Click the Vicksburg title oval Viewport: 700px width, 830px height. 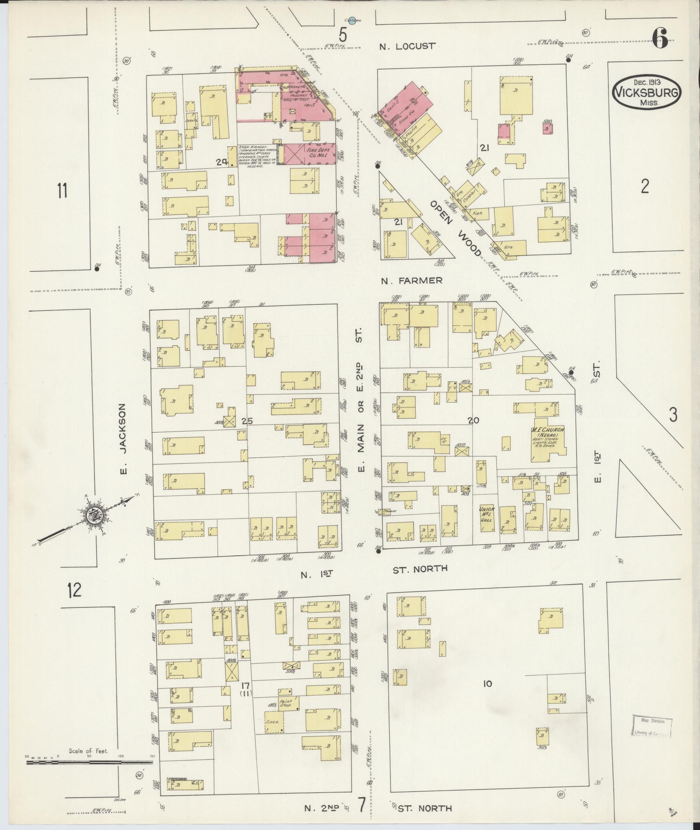coord(647,91)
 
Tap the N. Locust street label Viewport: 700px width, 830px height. coord(407,46)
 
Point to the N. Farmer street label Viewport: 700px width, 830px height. coord(411,281)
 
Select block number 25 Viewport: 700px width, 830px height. coord(246,421)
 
